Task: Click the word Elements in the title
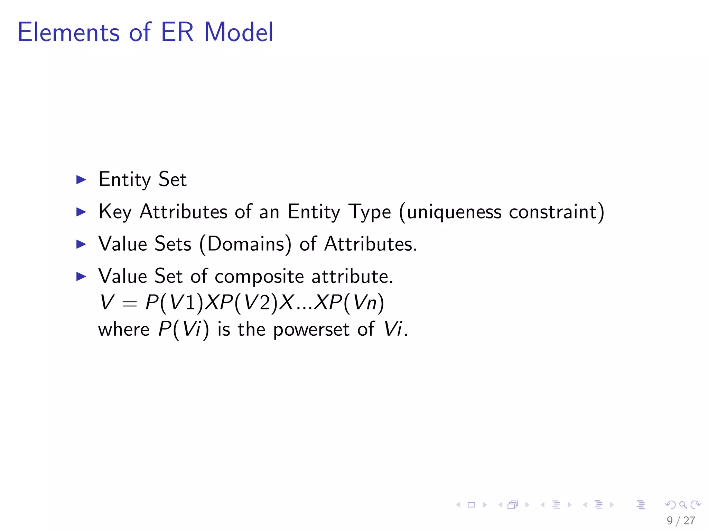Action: pos(68,32)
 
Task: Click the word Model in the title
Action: pos(239,32)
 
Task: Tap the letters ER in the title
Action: pos(177,32)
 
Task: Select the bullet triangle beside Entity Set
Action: pos(81,179)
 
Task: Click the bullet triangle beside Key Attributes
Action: pos(81,212)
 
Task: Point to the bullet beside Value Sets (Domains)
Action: pos(81,244)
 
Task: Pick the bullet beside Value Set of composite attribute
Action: pos(81,276)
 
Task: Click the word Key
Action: pos(115,212)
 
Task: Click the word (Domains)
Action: pos(245,244)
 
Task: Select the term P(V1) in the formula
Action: pos(175,303)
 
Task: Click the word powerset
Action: pos(311,329)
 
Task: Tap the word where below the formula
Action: pos(124,329)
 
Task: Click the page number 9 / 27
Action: pos(681,520)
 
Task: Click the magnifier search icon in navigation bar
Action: pos(683,505)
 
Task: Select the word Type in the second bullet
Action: pos(369,212)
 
